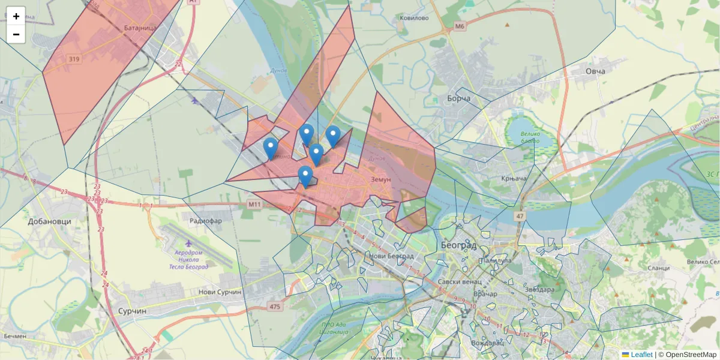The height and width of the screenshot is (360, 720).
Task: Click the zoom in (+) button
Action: click(16, 16)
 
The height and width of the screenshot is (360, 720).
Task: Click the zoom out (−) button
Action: click(16, 34)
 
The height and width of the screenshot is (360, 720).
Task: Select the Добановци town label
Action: click(49, 221)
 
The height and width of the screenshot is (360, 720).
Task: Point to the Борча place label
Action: click(459, 98)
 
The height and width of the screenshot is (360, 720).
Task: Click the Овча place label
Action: click(595, 71)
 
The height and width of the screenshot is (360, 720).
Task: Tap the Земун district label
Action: click(381, 179)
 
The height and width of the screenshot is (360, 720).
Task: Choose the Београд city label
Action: click(458, 245)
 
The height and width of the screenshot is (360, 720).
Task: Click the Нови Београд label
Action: click(392, 256)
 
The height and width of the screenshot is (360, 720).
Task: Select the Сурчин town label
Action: click(133, 312)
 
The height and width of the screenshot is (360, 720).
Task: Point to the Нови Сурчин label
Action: click(220, 292)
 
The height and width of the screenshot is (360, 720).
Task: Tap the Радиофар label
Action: click(206, 221)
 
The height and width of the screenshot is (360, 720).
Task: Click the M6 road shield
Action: click(460, 26)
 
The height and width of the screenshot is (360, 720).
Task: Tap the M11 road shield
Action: click(256, 205)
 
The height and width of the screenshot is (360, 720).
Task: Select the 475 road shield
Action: click(275, 307)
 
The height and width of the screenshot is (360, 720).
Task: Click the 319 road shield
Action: click(74, 59)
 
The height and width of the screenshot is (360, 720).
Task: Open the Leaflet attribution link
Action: click(641, 355)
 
